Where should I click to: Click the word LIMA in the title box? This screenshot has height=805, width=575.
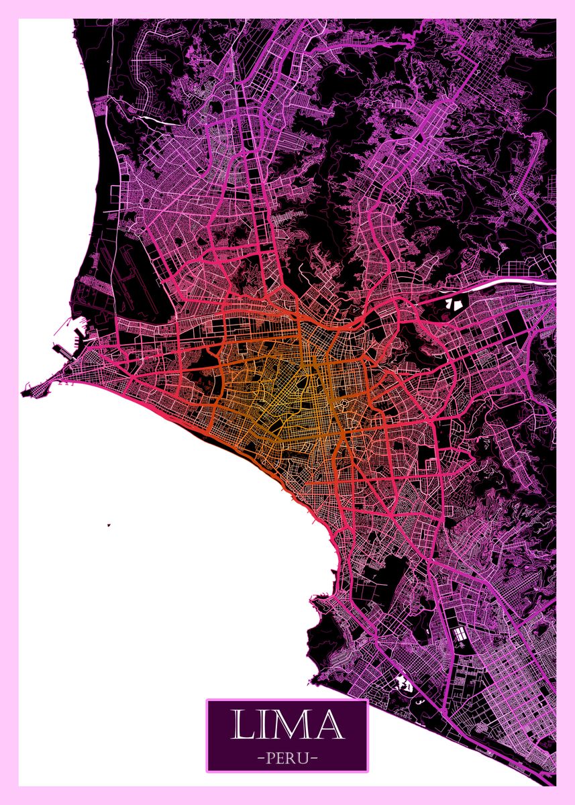[x=287, y=725]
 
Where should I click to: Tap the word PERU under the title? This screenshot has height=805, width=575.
[x=287, y=759]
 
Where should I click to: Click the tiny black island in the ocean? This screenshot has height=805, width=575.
[x=108, y=525]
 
